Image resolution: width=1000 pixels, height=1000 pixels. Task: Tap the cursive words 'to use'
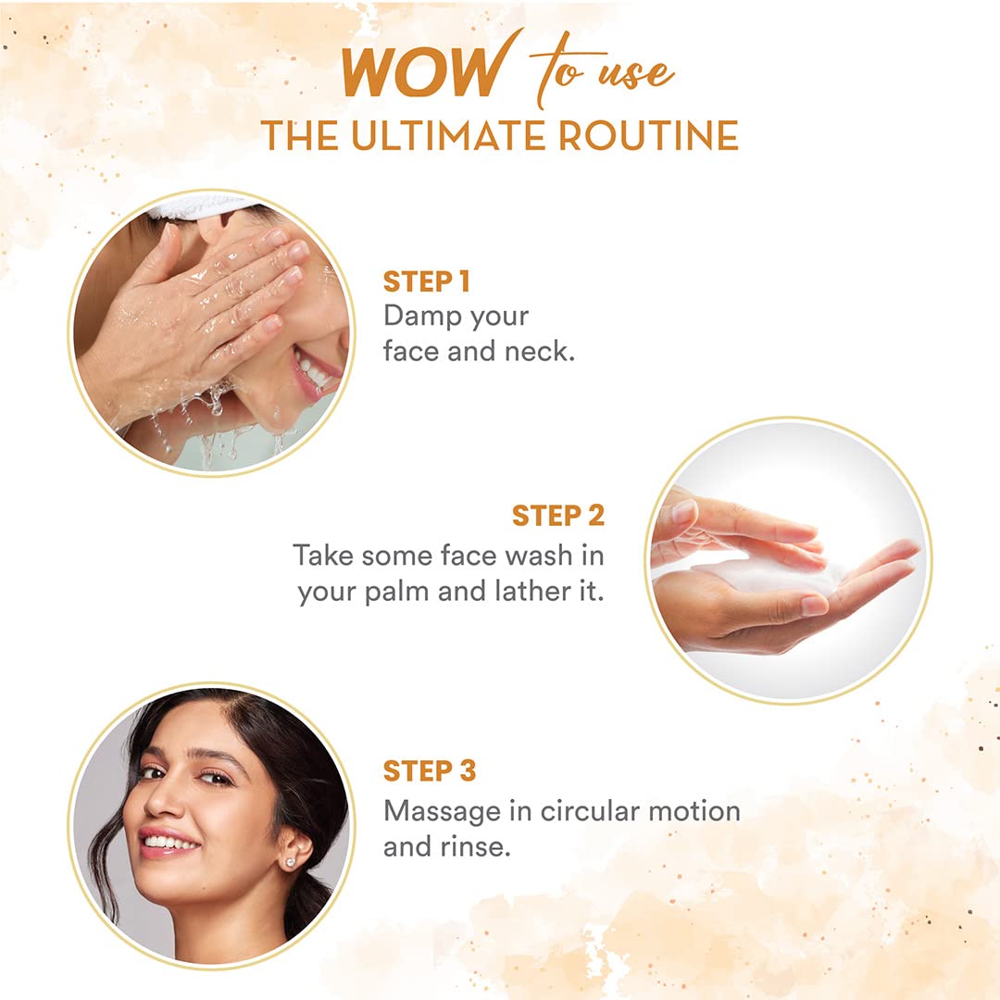pyautogui.click(x=603, y=70)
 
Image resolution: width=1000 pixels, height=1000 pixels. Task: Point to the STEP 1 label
pyautogui.click(x=426, y=281)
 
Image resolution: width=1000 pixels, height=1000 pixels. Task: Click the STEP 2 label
pyautogui.click(x=558, y=516)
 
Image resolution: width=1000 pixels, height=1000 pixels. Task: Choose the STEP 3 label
pyautogui.click(x=430, y=770)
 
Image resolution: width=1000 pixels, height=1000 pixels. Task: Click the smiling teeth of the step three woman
pyautogui.click(x=169, y=841)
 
